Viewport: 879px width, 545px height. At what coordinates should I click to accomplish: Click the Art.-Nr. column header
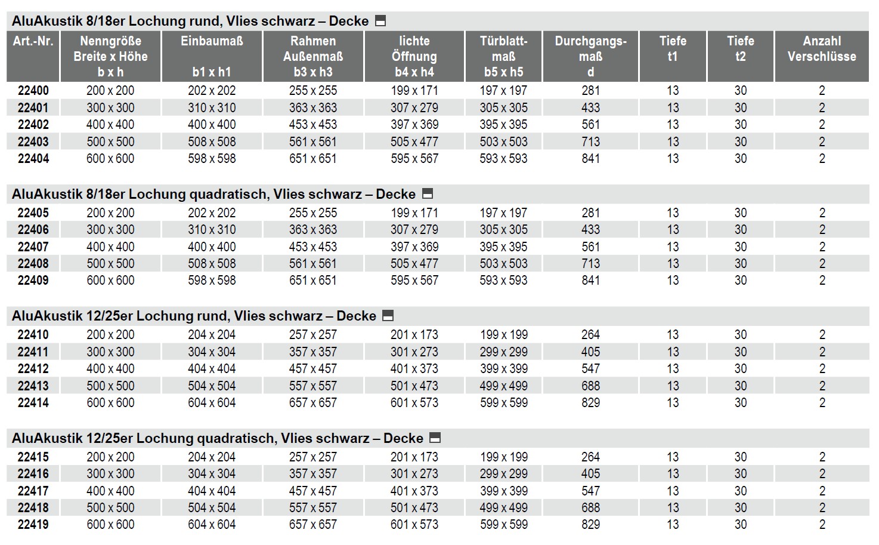click(x=33, y=41)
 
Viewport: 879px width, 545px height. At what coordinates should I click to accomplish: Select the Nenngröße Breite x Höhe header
click(x=110, y=56)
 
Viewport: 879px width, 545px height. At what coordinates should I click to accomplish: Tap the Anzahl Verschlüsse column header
click(x=821, y=49)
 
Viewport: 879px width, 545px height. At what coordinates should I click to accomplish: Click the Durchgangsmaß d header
click(x=590, y=56)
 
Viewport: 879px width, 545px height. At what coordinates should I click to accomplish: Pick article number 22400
click(x=33, y=91)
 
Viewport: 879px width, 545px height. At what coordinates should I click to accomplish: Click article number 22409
click(x=33, y=281)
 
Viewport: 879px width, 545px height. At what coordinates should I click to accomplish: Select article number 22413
click(x=33, y=386)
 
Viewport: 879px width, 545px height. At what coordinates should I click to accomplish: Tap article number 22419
click(x=33, y=525)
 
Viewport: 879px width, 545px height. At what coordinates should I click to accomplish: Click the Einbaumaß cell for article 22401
click(x=212, y=108)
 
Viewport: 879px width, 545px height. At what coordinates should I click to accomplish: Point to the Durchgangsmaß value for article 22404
click(x=590, y=159)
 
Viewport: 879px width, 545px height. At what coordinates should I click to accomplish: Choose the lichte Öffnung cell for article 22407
click(x=414, y=247)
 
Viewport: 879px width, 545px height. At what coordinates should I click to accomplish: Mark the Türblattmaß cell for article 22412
click(x=503, y=369)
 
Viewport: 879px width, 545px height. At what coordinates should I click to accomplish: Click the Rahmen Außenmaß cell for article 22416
click(x=313, y=474)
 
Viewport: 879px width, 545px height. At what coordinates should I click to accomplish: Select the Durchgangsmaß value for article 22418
click(x=590, y=508)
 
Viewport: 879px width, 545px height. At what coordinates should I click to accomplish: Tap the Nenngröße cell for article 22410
click(x=110, y=335)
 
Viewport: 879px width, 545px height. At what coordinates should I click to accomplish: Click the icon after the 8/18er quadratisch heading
click(x=427, y=194)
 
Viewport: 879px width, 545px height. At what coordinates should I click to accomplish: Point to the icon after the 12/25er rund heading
click(x=388, y=316)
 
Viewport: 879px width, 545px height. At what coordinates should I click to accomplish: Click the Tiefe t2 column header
click(x=740, y=49)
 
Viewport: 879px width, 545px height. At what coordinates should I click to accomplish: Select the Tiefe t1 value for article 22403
click(x=673, y=142)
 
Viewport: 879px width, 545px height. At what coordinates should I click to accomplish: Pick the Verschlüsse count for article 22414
click(x=822, y=403)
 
